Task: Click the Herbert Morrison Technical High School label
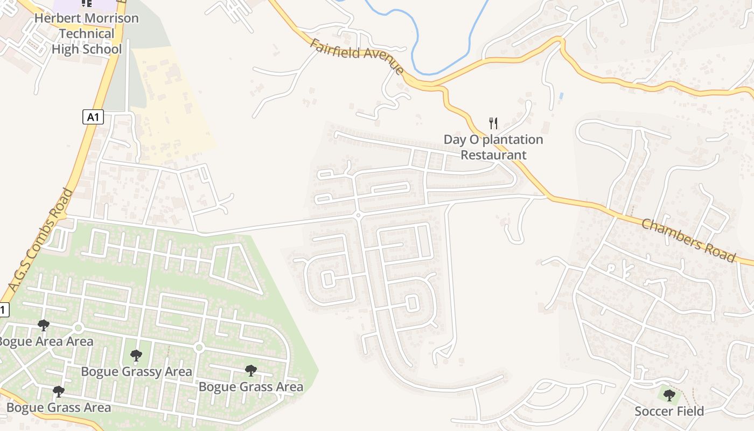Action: pyautogui.click(x=86, y=33)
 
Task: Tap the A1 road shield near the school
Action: pyautogui.click(x=93, y=116)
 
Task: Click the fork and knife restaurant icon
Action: pyautogui.click(x=493, y=123)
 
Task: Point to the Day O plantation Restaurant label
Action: pyautogui.click(x=493, y=147)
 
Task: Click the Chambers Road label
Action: pyautogui.click(x=688, y=240)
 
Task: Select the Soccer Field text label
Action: pyautogui.click(x=669, y=411)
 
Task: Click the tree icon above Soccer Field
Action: pyautogui.click(x=669, y=396)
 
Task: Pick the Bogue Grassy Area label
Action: pyautogui.click(x=136, y=371)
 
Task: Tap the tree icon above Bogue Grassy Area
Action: pyautogui.click(x=136, y=356)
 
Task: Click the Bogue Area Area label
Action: pyautogui.click(x=46, y=341)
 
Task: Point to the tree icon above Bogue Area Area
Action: pyautogui.click(x=44, y=325)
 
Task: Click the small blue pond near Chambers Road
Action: pyautogui.click(x=561, y=95)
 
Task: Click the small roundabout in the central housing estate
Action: pyautogui.click(x=358, y=215)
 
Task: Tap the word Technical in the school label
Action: pyautogui.click(x=86, y=33)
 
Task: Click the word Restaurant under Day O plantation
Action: pyautogui.click(x=493, y=155)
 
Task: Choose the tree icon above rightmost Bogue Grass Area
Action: pyautogui.click(x=250, y=371)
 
